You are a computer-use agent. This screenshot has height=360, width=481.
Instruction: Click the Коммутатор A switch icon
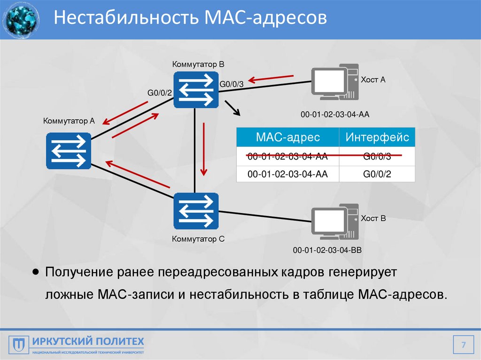[68, 151]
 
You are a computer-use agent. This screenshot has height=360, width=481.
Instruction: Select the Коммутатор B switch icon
[196, 90]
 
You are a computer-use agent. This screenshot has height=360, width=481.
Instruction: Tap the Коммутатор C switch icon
[196, 211]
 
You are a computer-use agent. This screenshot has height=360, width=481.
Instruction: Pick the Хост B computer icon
[335, 222]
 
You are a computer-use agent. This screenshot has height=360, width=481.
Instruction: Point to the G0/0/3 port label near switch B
[232, 84]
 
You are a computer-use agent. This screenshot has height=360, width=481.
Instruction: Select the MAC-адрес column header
[287, 138]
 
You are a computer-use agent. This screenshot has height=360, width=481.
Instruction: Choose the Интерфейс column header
[377, 138]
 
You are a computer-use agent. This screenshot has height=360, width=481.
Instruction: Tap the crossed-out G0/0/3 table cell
[377, 157]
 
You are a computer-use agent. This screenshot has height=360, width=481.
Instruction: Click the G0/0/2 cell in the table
[377, 174]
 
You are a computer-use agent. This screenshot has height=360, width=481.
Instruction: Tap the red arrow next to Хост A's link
[271, 78]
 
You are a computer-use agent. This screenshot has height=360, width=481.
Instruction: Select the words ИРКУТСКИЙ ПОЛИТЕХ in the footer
[88, 341]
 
